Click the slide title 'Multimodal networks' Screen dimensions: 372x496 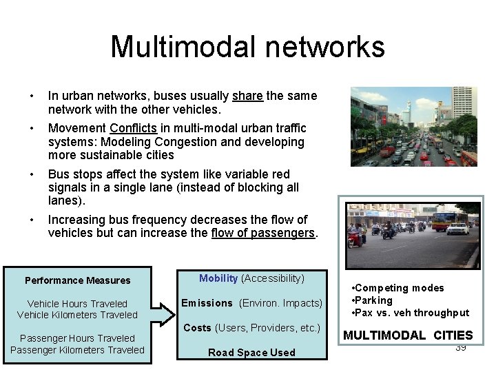tap(247, 47)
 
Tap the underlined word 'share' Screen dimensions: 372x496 tap(247, 96)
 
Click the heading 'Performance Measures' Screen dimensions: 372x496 tap(77, 280)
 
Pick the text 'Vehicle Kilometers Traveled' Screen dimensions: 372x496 tap(77, 315)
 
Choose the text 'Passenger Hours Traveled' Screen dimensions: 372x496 tap(77, 338)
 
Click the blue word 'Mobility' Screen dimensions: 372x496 tap(218, 278)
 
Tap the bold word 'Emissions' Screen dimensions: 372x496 tap(207, 303)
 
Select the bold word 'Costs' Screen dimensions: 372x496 tap(197, 328)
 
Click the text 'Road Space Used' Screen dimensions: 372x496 tap(251, 353)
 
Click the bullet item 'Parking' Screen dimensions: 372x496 tap(374, 300)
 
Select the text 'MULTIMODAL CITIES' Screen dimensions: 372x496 tap(408, 336)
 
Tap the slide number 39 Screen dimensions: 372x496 tap(461, 347)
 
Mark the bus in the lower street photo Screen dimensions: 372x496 tap(444, 222)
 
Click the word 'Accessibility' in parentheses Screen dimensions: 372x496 tap(272, 278)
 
